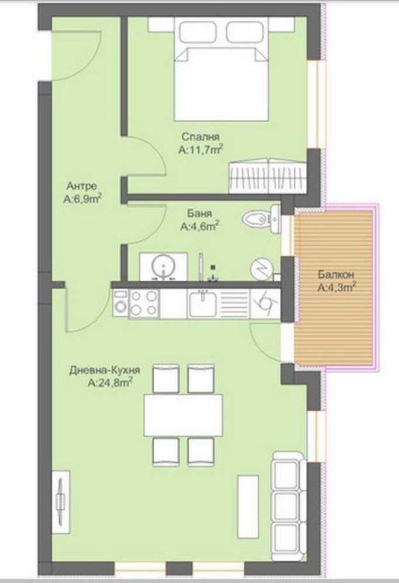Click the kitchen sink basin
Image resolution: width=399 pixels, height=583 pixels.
point(204,301)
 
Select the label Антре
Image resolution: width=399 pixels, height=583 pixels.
point(81,186)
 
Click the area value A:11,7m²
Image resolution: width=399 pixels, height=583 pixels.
point(202,150)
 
